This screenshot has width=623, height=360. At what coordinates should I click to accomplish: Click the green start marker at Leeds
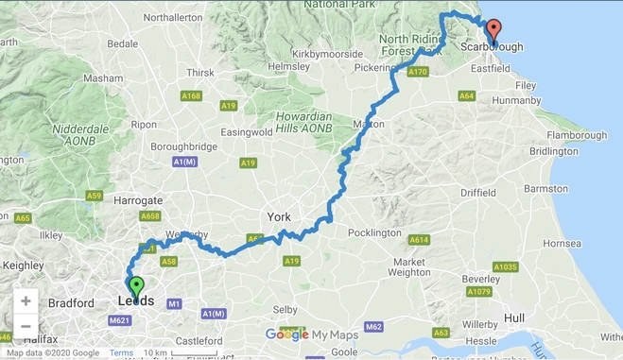(x=135, y=285)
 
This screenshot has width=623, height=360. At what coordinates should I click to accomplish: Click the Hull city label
(x=515, y=317)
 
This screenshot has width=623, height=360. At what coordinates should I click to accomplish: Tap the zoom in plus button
(x=26, y=301)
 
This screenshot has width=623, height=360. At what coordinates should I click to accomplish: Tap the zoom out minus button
(x=26, y=327)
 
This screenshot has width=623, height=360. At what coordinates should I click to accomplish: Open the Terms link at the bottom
(x=121, y=353)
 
